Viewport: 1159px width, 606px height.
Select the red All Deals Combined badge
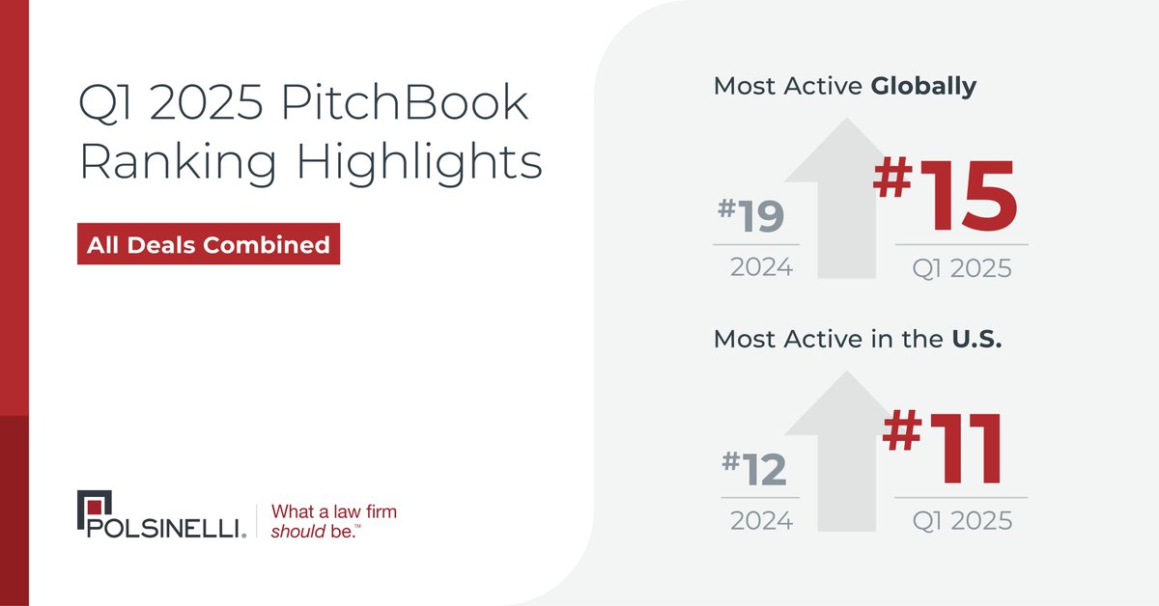click(x=208, y=245)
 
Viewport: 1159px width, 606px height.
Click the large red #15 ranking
click(x=947, y=198)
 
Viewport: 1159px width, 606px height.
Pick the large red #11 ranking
click(x=944, y=450)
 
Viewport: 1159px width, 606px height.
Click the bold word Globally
click(x=923, y=86)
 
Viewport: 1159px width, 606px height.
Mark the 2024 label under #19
click(x=761, y=267)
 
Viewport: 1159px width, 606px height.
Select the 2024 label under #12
click(x=761, y=521)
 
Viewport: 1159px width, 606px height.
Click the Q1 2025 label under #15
click(x=962, y=267)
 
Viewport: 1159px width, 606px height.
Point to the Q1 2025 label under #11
click(x=962, y=521)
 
